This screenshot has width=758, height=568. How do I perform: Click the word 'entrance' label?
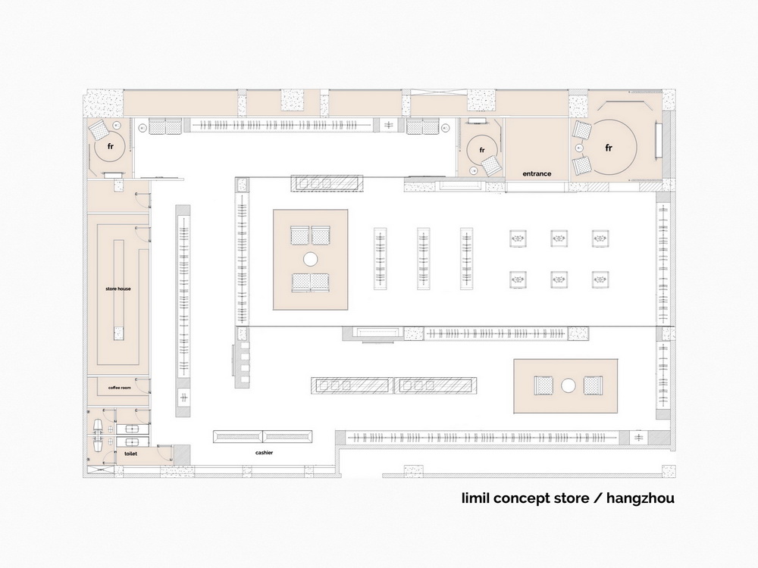pos(537,173)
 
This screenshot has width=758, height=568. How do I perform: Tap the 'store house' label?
pos(118,289)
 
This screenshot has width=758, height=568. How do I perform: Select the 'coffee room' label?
pos(120,388)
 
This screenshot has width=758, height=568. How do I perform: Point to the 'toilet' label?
pos(130,454)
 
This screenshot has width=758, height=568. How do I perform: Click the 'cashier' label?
pos(264,453)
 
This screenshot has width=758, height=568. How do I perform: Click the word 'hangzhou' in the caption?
pos(641,498)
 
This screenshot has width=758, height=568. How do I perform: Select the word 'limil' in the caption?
pos(475,498)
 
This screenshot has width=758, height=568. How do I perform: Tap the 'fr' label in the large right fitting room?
pos(609,148)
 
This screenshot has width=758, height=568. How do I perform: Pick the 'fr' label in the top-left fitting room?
pos(110,146)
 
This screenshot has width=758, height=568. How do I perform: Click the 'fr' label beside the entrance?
pos(481,150)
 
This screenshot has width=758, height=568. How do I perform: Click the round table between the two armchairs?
pos(568,385)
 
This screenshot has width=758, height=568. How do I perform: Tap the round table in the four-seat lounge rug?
pos(310,259)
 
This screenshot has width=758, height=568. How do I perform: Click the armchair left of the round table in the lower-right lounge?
pos(543,385)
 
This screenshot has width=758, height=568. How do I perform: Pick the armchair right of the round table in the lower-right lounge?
pos(594,385)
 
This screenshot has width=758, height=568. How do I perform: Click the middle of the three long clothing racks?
pos(424,258)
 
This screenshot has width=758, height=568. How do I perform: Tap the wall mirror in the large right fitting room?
pos(657,141)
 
